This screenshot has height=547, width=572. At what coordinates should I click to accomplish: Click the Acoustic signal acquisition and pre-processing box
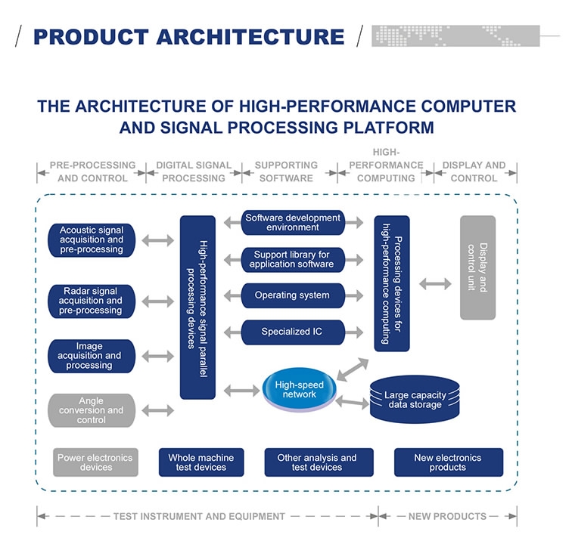(91, 240)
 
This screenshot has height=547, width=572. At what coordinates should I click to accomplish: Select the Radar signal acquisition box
(91, 301)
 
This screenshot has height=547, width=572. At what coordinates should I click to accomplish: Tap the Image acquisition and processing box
(91, 356)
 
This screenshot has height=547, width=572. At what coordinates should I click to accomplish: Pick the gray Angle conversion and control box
(91, 410)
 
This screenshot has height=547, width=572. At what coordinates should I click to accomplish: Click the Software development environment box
(293, 223)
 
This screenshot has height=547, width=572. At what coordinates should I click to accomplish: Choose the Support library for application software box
(293, 259)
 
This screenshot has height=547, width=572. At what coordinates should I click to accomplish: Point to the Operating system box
(293, 295)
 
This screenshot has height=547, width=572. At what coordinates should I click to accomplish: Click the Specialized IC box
(293, 332)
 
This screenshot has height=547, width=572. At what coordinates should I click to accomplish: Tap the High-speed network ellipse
(299, 390)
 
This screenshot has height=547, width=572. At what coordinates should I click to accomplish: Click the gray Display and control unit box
(477, 267)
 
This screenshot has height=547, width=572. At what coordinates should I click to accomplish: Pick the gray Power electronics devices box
(95, 462)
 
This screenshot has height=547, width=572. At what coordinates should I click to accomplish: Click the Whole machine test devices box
(201, 462)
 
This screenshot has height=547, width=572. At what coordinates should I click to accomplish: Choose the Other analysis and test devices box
(317, 462)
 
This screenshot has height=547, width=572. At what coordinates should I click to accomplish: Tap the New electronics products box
(448, 462)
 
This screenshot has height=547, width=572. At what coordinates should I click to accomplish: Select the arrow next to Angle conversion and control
(157, 410)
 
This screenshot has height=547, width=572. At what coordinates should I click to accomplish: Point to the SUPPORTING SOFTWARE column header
(286, 172)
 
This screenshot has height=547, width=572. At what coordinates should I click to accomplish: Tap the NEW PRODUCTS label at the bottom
(447, 516)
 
